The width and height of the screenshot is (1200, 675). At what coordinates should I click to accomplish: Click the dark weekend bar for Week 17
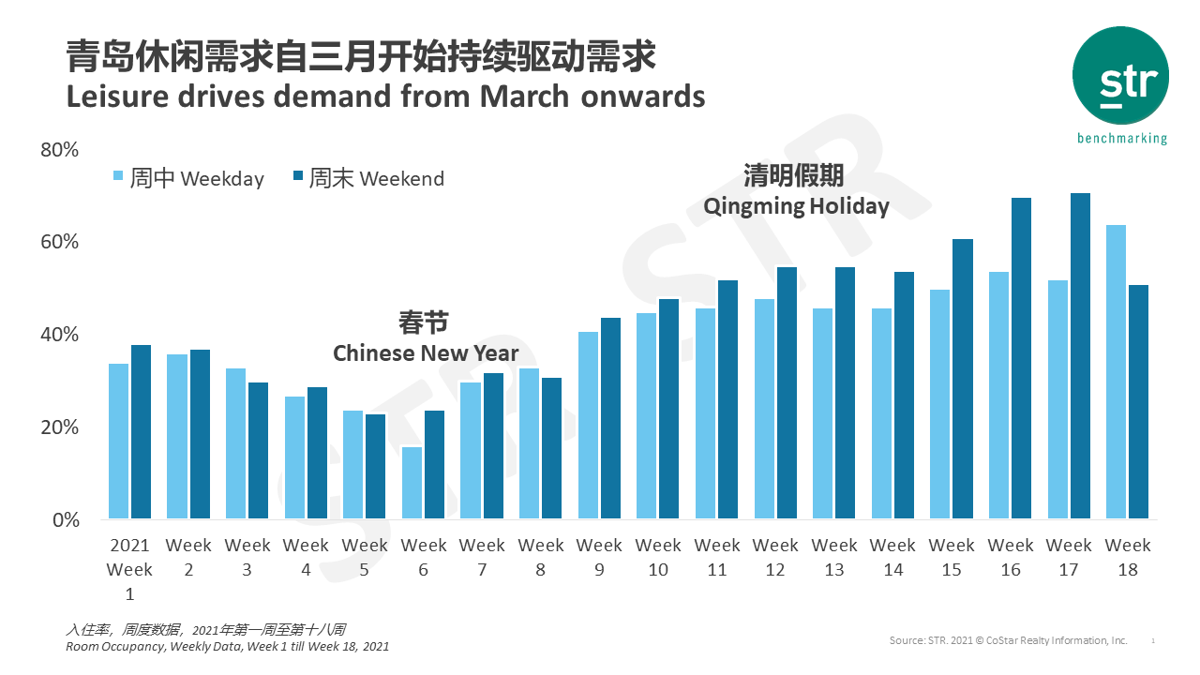pos(1080,356)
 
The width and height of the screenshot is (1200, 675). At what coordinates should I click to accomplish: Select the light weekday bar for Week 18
pos(1116,372)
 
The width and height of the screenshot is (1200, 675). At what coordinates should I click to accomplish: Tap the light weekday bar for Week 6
pos(412,483)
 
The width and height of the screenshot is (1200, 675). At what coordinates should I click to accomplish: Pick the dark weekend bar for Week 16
pos(1021,358)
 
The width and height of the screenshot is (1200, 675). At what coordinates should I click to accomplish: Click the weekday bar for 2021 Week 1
pos(119,442)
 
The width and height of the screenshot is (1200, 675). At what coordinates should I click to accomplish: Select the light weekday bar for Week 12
pos(764,409)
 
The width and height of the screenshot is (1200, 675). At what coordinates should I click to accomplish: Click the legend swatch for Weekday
pos(118,176)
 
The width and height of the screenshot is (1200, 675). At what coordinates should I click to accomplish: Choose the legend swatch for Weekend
pos(298,176)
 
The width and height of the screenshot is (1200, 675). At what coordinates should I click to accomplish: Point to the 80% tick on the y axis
pos(59,150)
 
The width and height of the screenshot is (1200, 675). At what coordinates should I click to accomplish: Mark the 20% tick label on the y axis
pos(59,427)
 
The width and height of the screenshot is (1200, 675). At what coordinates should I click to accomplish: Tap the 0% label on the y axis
pos(65,519)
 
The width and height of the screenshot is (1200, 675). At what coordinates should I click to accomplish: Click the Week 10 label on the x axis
pos(658,557)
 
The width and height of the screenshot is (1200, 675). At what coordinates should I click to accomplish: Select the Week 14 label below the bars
pos(892,557)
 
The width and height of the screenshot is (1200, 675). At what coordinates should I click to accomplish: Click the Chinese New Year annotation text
pos(426,353)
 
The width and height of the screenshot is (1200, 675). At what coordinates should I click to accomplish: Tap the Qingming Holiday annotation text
pos(796,206)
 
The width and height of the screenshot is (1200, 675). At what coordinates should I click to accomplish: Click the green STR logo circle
pos(1120,76)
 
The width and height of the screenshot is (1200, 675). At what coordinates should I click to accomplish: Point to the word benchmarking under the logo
pos(1122,139)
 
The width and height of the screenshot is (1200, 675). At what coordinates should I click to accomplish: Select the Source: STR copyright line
pos(1008,640)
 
